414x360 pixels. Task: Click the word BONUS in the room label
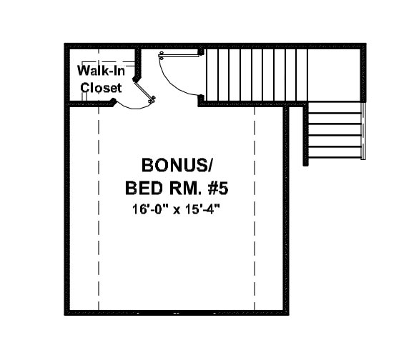(x=174, y=165)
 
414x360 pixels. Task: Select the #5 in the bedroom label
(x=217, y=189)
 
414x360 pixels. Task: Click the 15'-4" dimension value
(x=203, y=209)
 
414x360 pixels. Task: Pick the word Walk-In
(x=101, y=71)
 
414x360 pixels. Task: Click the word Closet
(x=101, y=88)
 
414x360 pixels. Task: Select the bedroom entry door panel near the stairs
(x=179, y=56)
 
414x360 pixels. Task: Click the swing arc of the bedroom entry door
(x=171, y=82)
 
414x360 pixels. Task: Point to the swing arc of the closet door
(x=132, y=107)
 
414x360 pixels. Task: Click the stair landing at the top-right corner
(x=334, y=74)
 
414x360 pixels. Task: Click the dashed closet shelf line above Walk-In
(x=108, y=62)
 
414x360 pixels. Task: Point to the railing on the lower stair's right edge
(x=363, y=131)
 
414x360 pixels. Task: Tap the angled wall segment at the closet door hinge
(x=137, y=79)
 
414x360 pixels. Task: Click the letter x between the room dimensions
(x=177, y=211)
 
